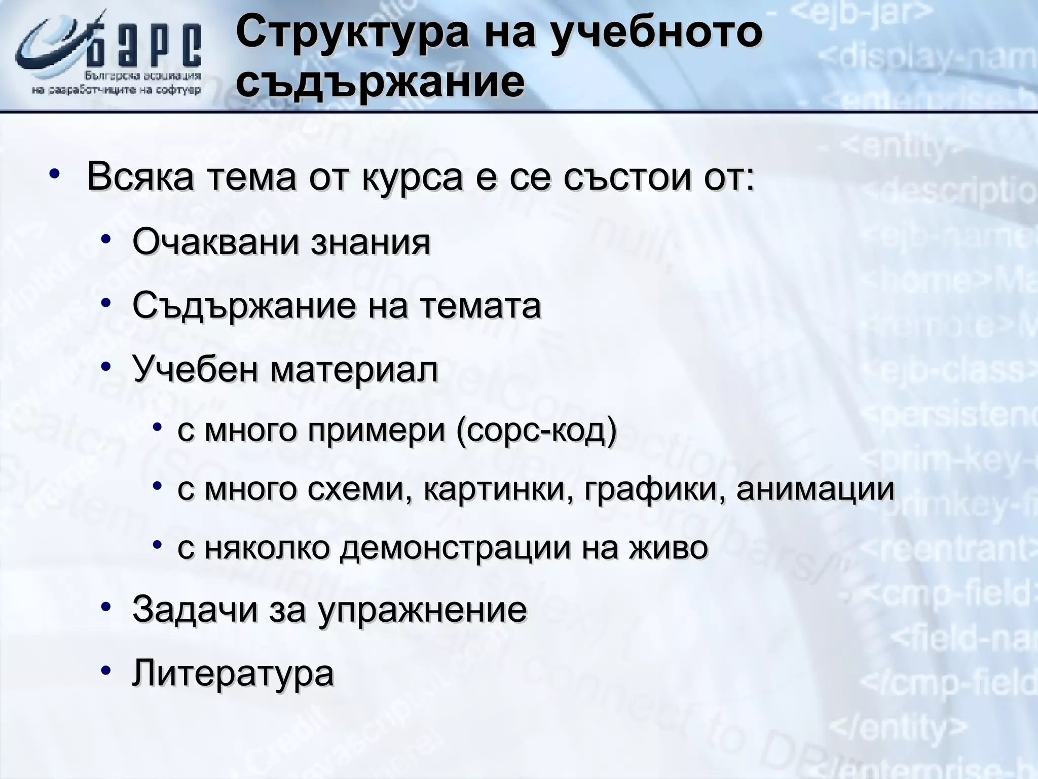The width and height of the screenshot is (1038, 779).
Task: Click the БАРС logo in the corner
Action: [x=109, y=56]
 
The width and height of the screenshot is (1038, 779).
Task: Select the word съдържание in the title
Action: [x=380, y=82]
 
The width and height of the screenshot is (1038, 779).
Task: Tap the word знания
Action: [x=370, y=242]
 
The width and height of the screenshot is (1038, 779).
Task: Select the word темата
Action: [x=480, y=306]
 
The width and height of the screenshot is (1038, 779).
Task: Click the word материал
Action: [x=353, y=370]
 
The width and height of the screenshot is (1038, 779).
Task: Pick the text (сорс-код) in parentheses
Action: [x=536, y=431]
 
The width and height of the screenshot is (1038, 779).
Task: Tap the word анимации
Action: [x=815, y=490]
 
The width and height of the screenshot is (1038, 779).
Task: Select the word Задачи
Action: [x=195, y=610]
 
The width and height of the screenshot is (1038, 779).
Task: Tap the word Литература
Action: [x=233, y=674]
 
